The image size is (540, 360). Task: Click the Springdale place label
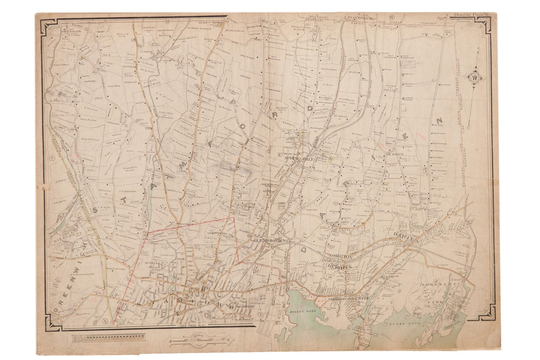coord(299,159)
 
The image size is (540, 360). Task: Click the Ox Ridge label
coord(395,154)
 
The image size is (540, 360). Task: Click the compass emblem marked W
coord(475,78)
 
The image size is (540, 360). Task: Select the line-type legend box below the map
coord(108,337)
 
